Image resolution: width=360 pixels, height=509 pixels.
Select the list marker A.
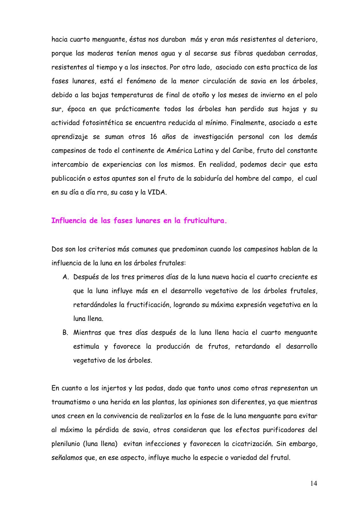tap(66, 277)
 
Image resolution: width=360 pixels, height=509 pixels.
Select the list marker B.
tap(66, 333)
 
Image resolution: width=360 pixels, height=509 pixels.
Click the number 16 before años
tap(152, 137)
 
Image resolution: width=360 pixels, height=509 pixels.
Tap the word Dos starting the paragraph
tap(57, 249)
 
